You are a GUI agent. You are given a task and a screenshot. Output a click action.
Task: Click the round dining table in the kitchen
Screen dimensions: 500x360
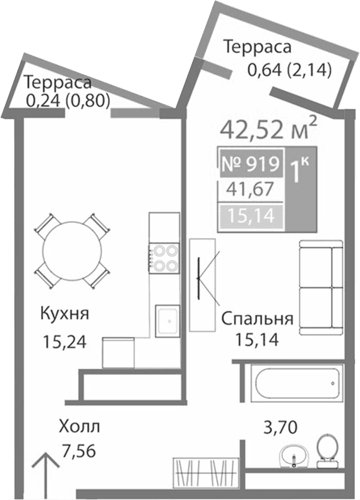(71, 249)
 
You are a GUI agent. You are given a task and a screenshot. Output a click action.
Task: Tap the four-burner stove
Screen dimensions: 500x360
(164, 258)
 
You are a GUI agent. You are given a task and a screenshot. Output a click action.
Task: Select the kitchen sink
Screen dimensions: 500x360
(167, 319)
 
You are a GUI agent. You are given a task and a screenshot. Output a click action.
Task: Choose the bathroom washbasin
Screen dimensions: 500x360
(293, 454)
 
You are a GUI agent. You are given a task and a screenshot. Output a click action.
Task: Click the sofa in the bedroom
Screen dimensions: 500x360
(321, 287)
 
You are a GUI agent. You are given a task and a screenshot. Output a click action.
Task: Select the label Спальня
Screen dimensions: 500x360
(257, 318)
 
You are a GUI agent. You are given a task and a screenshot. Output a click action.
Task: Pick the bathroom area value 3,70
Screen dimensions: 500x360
(280, 429)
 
